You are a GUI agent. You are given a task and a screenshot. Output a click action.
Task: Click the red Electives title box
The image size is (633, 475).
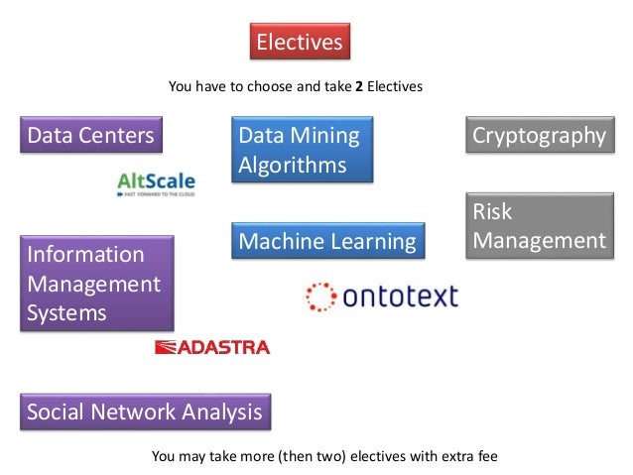pyautogui.click(x=299, y=42)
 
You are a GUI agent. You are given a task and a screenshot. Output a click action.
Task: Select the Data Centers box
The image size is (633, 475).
pyautogui.click(x=91, y=135)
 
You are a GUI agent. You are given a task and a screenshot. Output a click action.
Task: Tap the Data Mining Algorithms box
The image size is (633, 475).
pyautogui.click(x=302, y=150)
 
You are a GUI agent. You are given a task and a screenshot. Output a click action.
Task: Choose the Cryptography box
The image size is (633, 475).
pyautogui.click(x=538, y=135)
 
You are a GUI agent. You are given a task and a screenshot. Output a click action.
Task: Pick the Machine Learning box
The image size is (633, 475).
pyautogui.click(x=326, y=241)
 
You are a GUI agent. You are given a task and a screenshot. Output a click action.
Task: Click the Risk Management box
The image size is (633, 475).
pyautogui.click(x=538, y=226)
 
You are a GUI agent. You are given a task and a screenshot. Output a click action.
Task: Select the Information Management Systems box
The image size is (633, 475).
pyautogui.click(x=96, y=283)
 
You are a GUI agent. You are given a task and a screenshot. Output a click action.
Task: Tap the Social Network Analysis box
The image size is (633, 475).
pyautogui.click(x=145, y=412)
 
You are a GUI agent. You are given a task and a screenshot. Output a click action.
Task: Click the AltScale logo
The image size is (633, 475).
pyautogui.click(x=156, y=184)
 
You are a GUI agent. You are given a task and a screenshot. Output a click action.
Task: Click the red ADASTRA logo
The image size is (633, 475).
pyautogui.click(x=212, y=347)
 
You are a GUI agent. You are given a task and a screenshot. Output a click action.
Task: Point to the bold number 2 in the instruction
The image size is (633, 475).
pyautogui.click(x=359, y=87)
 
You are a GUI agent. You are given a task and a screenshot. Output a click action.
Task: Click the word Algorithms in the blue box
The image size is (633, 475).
pyautogui.click(x=293, y=165)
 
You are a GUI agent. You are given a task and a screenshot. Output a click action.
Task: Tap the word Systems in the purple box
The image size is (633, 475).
pyautogui.click(x=67, y=313)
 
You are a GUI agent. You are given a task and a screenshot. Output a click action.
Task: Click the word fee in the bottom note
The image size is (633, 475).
pyautogui.click(x=487, y=457)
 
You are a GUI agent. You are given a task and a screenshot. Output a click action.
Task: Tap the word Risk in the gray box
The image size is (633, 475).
pyautogui.click(x=492, y=211)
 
